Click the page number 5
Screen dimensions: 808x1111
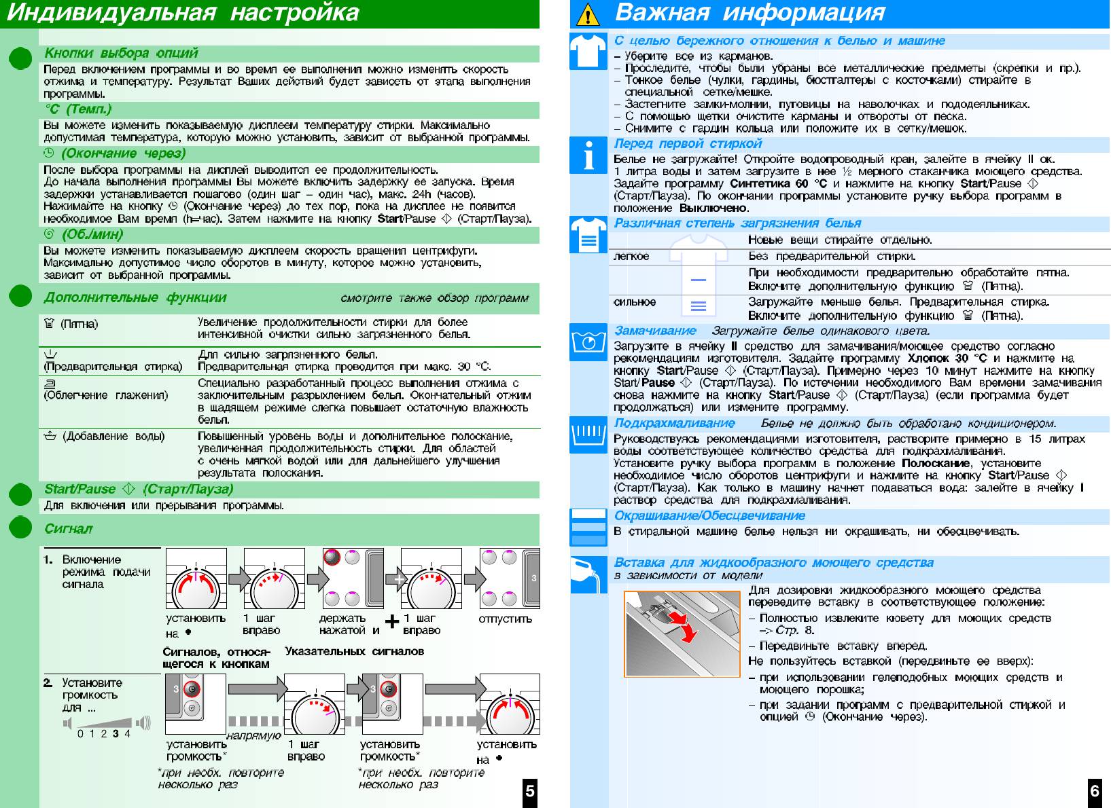tap(530, 791)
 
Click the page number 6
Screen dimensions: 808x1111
tap(1094, 791)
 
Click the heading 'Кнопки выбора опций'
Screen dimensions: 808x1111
tap(121, 53)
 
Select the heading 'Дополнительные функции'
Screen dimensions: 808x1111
tap(135, 297)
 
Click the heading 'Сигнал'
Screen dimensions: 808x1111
tap(68, 528)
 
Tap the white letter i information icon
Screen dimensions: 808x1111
tap(588, 156)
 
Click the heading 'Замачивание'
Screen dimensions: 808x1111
tap(655, 331)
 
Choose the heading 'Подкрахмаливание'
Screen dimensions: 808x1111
tap(674, 423)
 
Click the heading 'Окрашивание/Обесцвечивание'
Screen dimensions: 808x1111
tap(709, 515)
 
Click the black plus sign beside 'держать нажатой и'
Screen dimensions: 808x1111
tap(391, 622)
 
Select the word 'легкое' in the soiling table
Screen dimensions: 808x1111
tap(631, 256)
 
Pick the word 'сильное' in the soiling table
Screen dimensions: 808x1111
tap(635, 301)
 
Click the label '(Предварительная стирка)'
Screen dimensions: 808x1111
tap(113, 367)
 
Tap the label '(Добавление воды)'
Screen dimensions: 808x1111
tap(113, 436)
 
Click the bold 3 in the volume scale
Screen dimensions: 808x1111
tap(116, 733)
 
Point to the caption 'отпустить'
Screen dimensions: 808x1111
tap(505, 619)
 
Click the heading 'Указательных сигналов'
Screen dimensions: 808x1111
tap(354, 651)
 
